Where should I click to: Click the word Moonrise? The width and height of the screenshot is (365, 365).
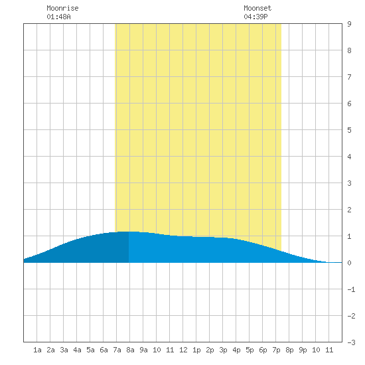point(62,8)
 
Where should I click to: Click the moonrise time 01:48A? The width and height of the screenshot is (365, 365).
point(58,17)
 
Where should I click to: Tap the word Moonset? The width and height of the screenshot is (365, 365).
point(257,8)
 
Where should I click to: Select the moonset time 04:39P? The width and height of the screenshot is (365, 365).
point(256,17)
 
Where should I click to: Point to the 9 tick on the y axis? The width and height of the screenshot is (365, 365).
point(349,24)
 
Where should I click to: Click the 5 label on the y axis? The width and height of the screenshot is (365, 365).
point(349,130)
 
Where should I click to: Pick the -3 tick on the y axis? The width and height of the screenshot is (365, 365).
point(351,342)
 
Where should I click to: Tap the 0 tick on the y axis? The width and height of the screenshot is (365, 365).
point(349,263)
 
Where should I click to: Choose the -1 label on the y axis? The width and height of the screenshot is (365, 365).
point(351,289)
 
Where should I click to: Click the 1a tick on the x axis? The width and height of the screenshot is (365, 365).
point(37,350)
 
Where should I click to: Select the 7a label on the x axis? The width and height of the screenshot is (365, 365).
point(117,350)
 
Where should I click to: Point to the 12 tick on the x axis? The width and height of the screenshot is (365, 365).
point(183,350)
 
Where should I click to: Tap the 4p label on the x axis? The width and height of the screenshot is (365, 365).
point(236,350)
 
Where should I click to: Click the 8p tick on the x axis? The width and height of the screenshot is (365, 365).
point(289,350)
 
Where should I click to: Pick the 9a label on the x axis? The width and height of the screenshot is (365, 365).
point(143,350)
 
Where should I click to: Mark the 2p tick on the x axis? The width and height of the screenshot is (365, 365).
point(210,350)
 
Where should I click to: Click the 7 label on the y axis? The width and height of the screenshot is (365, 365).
point(349,77)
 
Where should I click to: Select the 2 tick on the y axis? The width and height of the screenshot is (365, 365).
point(349,210)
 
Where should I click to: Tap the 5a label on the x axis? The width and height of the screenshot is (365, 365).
point(90,350)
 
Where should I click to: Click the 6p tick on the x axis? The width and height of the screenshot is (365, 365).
point(263,350)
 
